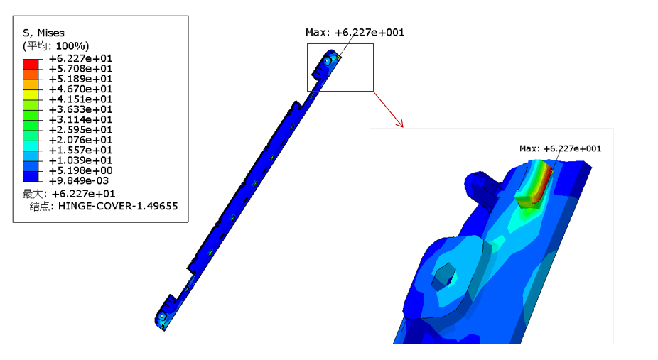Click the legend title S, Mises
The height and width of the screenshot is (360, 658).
click(x=43, y=33)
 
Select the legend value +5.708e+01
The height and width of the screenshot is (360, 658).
click(x=80, y=69)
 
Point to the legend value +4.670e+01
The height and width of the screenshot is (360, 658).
click(x=80, y=89)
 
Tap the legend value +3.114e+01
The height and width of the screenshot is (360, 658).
click(x=80, y=119)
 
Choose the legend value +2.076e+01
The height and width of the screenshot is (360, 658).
click(x=80, y=140)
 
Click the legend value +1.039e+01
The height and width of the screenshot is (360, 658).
click(x=80, y=160)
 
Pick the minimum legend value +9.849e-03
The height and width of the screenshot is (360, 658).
click(x=79, y=180)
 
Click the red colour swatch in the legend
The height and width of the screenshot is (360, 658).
click(x=31, y=64)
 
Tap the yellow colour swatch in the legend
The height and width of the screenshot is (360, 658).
click(x=31, y=94)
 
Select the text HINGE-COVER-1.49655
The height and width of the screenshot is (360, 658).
click(x=118, y=206)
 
